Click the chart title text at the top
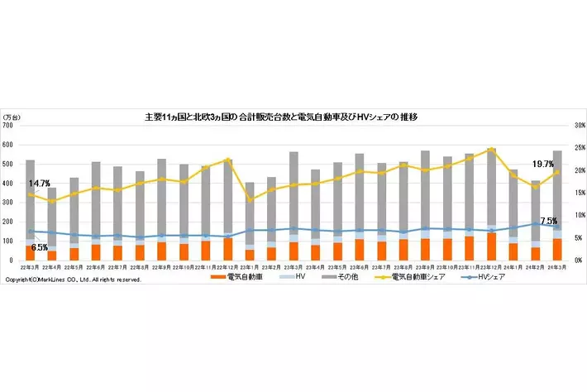click(280, 117)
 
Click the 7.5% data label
click(548, 221)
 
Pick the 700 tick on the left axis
click(9, 126)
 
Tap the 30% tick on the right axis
click(572, 126)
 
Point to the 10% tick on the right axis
click(572, 216)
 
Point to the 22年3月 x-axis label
click(30, 268)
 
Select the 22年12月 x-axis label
click(227, 268)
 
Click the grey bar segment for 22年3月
click(30, 198)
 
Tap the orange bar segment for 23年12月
click(491, 246)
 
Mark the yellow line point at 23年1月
click(250, 200)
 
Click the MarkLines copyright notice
click(73, 280)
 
